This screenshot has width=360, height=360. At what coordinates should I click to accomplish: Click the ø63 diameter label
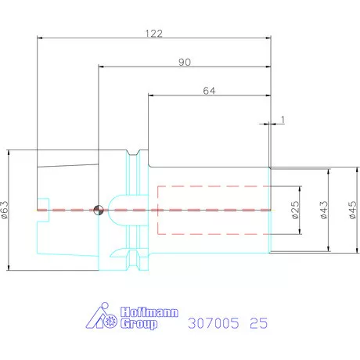pyautogui.click(x=5, y=210)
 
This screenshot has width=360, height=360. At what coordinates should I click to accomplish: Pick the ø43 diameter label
pyautogui.click(x=323, y=210)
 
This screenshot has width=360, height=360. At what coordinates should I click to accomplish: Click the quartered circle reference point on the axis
pyautogui.click(x=98, y=210)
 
